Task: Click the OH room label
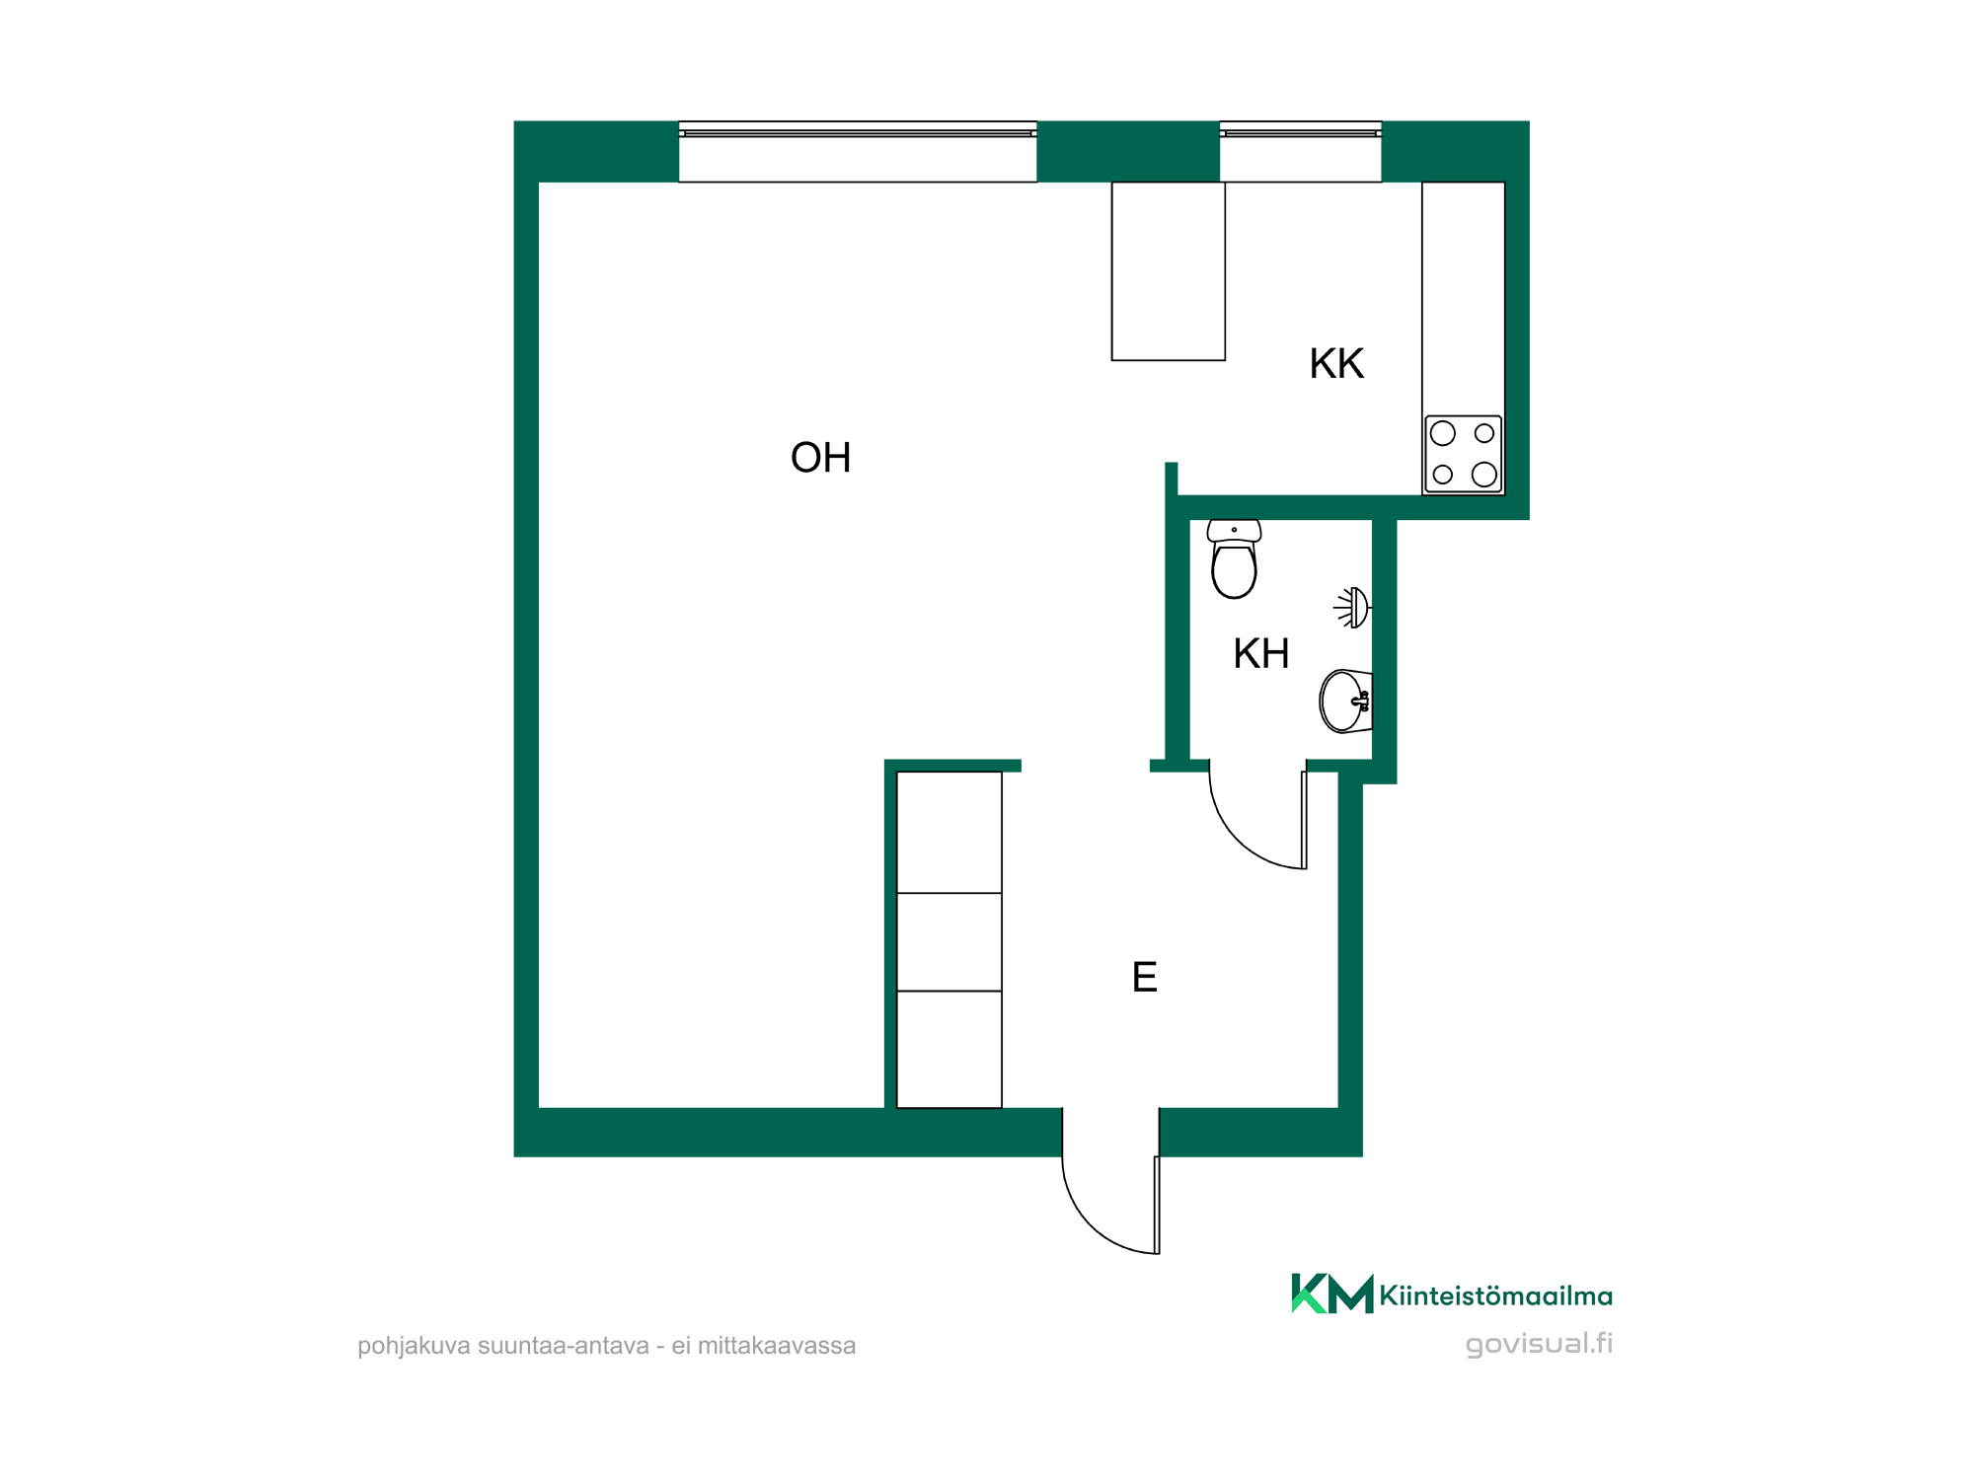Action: tap(820, 458)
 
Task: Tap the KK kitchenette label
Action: tap(1336, 364)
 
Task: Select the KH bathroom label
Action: tap(1260, 654)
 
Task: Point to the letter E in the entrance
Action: tap(1145, 978)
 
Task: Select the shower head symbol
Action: tap(1353, 608)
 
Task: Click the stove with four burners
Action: tap(1463, 454)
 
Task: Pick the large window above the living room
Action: tap(858, 152)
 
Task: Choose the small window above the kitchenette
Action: tap(1301, 152)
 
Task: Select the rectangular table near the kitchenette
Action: tap(1169, 271)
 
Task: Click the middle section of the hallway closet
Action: tap(949, 942)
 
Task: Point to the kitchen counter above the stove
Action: tap(1463, 299)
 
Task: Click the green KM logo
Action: tap(1331, 1294)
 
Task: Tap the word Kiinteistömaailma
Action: tap(1495, 1295)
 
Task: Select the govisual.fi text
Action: tap(1539, 1344)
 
